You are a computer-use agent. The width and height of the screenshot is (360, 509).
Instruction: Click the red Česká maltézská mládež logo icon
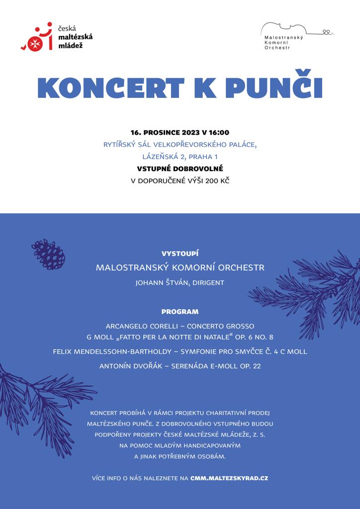click(x=37, y=37)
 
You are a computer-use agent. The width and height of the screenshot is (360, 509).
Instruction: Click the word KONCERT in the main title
click(x=111, y=88)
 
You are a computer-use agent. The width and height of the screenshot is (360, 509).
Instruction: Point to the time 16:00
click(x=219, y=133)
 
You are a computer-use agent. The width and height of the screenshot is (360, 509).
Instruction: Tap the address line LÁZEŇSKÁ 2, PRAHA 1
click(x=180, y=157)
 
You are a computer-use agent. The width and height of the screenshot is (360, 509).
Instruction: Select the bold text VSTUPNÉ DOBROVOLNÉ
click(x=180, y=169)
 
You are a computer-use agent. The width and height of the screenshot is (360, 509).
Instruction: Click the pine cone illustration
click(x=48, y=254)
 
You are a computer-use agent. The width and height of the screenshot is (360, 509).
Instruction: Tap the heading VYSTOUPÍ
click(x=180, y=253)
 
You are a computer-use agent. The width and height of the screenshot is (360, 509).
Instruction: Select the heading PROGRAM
click(x=180, y=312)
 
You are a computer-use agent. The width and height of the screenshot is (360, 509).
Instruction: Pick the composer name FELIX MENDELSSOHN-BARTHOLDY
click(x=115, y=351)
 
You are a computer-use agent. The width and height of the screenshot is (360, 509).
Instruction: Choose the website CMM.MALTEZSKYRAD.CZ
click(x=229, y=478)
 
